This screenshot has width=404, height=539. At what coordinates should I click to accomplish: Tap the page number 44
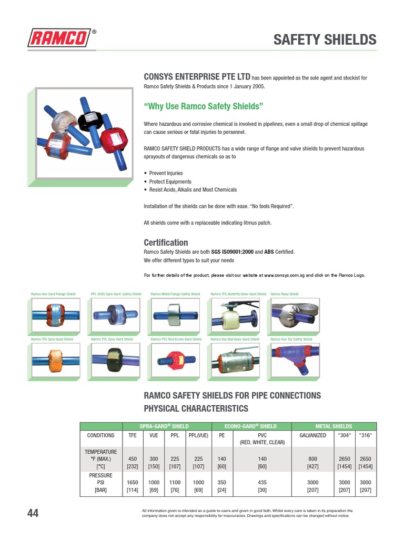pos(33,513)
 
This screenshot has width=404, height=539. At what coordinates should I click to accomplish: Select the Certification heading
pos(166,243)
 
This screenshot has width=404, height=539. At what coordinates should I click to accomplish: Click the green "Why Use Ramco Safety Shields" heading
pos(203,106)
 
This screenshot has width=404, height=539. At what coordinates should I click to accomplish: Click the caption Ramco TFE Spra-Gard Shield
pos(52,340)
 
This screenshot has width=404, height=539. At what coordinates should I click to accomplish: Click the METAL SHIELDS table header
pos(334,426)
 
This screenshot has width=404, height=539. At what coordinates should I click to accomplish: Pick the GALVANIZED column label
pos(312,435)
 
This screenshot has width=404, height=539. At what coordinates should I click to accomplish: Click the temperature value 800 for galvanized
pos(312,459)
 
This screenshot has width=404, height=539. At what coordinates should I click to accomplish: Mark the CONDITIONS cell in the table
pos(100,435)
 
